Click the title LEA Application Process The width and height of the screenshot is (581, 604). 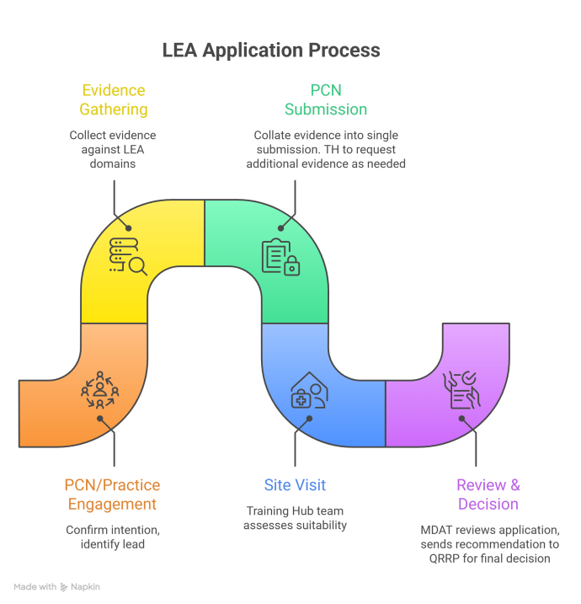[x=270, y=51]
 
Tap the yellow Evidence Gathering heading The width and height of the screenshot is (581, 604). [x=113, y=99]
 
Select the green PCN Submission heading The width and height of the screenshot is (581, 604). [x=325, y=99]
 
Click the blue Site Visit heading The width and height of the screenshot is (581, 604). [x=294, y=485]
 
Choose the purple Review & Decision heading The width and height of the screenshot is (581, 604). [x=488, y=494]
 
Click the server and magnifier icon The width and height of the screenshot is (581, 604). [x=128, y=255]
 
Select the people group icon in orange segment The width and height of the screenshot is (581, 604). [x=99, y=388]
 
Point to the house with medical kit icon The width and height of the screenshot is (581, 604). [x=309, y=390]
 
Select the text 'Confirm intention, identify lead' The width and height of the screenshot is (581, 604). [x=112, y=537]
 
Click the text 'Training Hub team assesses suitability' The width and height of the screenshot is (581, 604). [x=294, y=518]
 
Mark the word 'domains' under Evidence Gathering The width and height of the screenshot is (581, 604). [x=113, y=163]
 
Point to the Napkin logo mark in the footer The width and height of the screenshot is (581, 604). [x=65, y=587]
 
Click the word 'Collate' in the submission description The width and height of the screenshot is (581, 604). [x=275, y=135]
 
